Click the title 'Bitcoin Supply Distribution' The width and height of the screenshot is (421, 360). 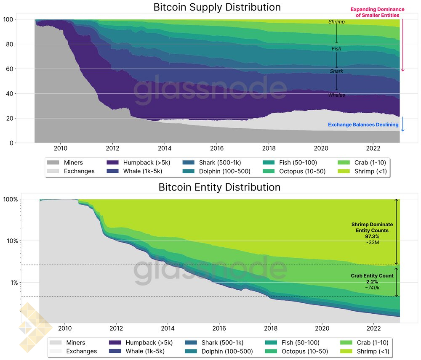(x=217, y=7)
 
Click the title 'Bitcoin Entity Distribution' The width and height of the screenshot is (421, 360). (x=219, y=187)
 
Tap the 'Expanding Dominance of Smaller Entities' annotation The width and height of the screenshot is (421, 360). (x=377, y=12)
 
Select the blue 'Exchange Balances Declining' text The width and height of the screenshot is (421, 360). (x=363, y=125)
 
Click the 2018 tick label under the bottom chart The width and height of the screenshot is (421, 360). (x=271, y=328)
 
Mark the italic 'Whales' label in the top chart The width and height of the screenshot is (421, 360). (x=336, y=95)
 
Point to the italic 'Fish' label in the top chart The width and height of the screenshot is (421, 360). (x=336, y=49)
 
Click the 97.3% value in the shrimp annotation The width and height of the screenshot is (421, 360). (x=372, y=236)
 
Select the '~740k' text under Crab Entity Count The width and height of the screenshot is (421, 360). (x=372, y=287)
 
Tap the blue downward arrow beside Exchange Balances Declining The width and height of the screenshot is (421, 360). (x=402, y=124)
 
